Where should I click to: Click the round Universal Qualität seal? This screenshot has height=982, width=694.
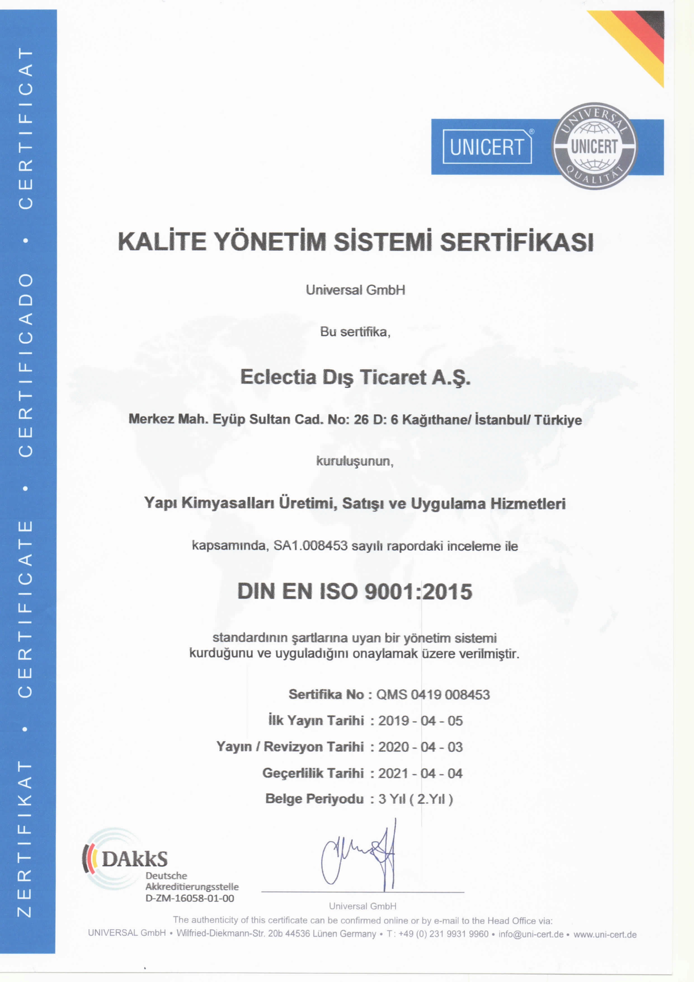coord(594,146)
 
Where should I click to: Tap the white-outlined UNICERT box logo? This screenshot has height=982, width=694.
coord(487,147)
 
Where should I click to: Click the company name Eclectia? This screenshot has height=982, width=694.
coord(278,377)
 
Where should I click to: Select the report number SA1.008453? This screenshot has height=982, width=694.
coord(310,546)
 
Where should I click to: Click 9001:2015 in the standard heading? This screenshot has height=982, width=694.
coord(418,592)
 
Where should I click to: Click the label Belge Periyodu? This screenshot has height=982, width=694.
coord(314,799)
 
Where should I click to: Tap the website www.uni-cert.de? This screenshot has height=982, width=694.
coord(605,934)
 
